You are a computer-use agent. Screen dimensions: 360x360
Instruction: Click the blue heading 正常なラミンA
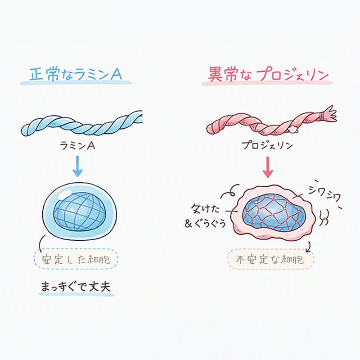point(76,74)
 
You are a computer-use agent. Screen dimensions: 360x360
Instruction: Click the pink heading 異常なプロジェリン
point(268,74)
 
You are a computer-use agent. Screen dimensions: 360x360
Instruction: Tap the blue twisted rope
point(81,124)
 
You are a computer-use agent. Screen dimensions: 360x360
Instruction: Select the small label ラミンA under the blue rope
point(77,145)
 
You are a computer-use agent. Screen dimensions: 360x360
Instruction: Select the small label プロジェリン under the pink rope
point(267,145)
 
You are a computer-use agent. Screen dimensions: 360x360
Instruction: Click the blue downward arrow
point(77,166)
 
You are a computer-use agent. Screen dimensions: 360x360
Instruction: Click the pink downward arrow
point(267,167)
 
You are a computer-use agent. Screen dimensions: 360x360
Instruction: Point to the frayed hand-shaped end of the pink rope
point(328,114)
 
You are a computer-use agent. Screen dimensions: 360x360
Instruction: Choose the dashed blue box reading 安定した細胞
point(76,259)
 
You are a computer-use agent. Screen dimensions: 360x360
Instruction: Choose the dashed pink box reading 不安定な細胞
point(270,259)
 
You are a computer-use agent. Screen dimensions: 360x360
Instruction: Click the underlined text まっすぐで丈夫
point(76,287)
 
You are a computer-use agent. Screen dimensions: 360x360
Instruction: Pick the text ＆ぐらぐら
point(205,223)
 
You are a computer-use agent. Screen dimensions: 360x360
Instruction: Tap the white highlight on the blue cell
point(65,194)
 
